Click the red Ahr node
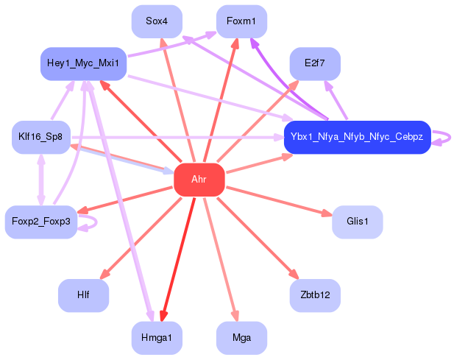click(199, 180)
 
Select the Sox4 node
click(157, 21)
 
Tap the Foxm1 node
click(241, 21)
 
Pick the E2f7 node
click(315, 64)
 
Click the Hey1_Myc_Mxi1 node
click(83, 64)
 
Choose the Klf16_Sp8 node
click(41, 137)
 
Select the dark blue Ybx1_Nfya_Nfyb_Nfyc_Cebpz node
click(358, 137)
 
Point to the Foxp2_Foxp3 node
click(41, 222)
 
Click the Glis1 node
click(358, 222)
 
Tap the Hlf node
click(83, 295)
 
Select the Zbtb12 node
click(315, 295)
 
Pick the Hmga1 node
click(157, 338)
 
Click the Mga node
click(241, 338)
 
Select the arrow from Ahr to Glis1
click(279, 201)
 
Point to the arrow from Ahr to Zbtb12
click(258, 239)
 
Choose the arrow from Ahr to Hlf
click(141, 239)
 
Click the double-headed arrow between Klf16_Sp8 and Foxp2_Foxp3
click(41, 180)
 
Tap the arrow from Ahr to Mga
click(221, 260)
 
